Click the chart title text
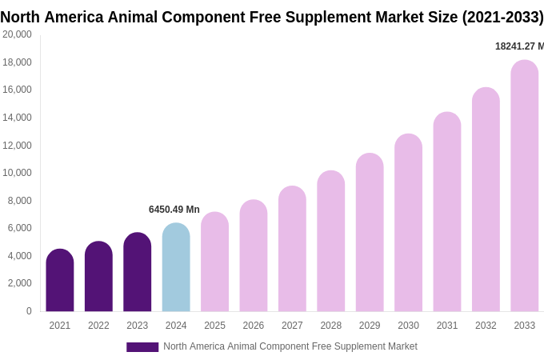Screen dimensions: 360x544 tap(272, 17)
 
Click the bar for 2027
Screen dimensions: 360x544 tap(292, 249)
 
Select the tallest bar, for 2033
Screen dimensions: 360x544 tap(525, 186)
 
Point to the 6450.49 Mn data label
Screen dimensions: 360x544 tap(174, 210)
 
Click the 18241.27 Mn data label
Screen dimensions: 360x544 tap(519, 46)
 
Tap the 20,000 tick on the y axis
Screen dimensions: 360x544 tap(18, 34)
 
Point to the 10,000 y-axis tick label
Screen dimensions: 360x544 tap(18, 173)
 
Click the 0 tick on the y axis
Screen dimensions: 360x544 tap(29, 311)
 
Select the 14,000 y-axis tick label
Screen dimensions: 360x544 tap(18, 118)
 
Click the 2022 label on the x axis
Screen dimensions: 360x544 tap(98, 326)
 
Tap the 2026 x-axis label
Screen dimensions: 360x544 tap(254, 326)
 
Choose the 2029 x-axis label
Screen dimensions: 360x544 tap(370, 326)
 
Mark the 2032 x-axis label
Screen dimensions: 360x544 tap(486, 326)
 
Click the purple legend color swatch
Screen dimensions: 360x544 tap(142, 347)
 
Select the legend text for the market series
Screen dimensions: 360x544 tap(290, 346)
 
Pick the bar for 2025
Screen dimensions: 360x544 tap(214, 262)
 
